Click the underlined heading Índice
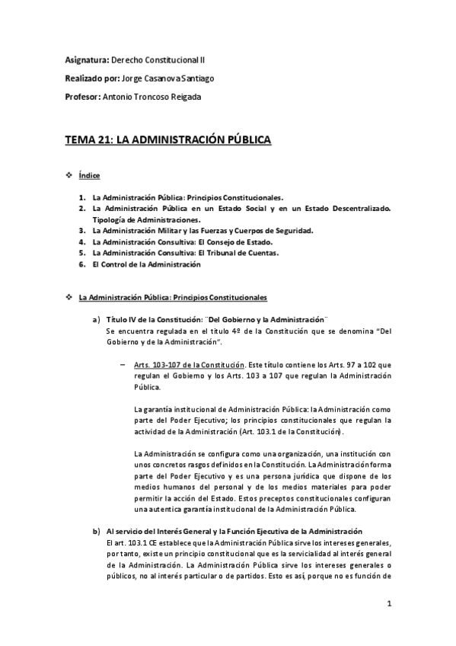(90, 176)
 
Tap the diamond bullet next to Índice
(70, 176)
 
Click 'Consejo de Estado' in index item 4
(230, 241)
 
